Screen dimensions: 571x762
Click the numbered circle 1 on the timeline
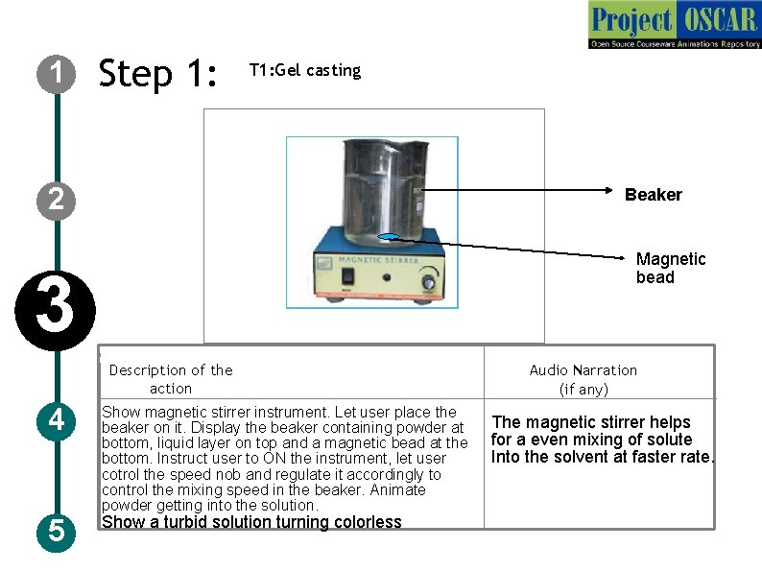tap(57, 73)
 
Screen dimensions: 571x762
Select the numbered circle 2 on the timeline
tap(57, 200)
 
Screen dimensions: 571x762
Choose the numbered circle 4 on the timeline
tap(57, 420)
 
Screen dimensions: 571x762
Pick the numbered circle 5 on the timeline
tap(57, 530)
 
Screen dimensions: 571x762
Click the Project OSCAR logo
tap(675, 25)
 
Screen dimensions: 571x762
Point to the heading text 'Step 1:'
tap(158, 73)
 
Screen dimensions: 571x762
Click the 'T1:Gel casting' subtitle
tap(304, 70)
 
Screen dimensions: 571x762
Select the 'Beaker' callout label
tap(653, 195)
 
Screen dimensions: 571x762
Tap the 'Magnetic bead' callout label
tap(670, 268)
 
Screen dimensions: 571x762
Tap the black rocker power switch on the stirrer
tap(346, 277)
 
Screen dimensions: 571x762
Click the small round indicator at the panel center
tap(386, 277)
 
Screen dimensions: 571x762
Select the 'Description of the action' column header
tap(171, 379)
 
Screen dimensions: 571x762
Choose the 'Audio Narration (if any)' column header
tap(583, 379)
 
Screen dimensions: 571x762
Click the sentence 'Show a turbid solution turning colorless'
tap(251, 522)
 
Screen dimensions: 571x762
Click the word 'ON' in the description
tap(274, 459)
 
